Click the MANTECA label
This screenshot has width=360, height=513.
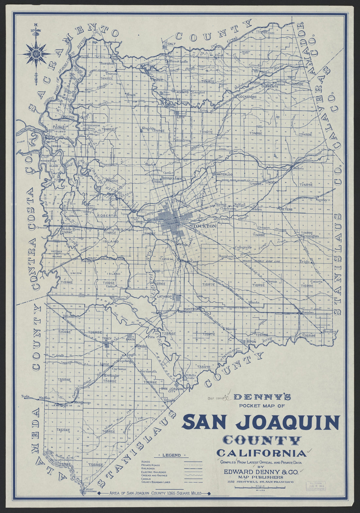(x=191, y=309)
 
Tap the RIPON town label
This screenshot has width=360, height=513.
(x=251, y=342)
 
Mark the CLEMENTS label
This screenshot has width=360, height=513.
(x=270, y=86)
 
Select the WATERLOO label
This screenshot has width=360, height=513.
(x=224, y=175)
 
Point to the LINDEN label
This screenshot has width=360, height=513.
(x=271, y=182)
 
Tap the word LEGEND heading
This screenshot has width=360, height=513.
(x=171, y=455)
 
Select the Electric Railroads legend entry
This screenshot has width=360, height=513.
(x=154, y=472)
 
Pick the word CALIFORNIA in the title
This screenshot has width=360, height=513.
(x=262, y=453)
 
